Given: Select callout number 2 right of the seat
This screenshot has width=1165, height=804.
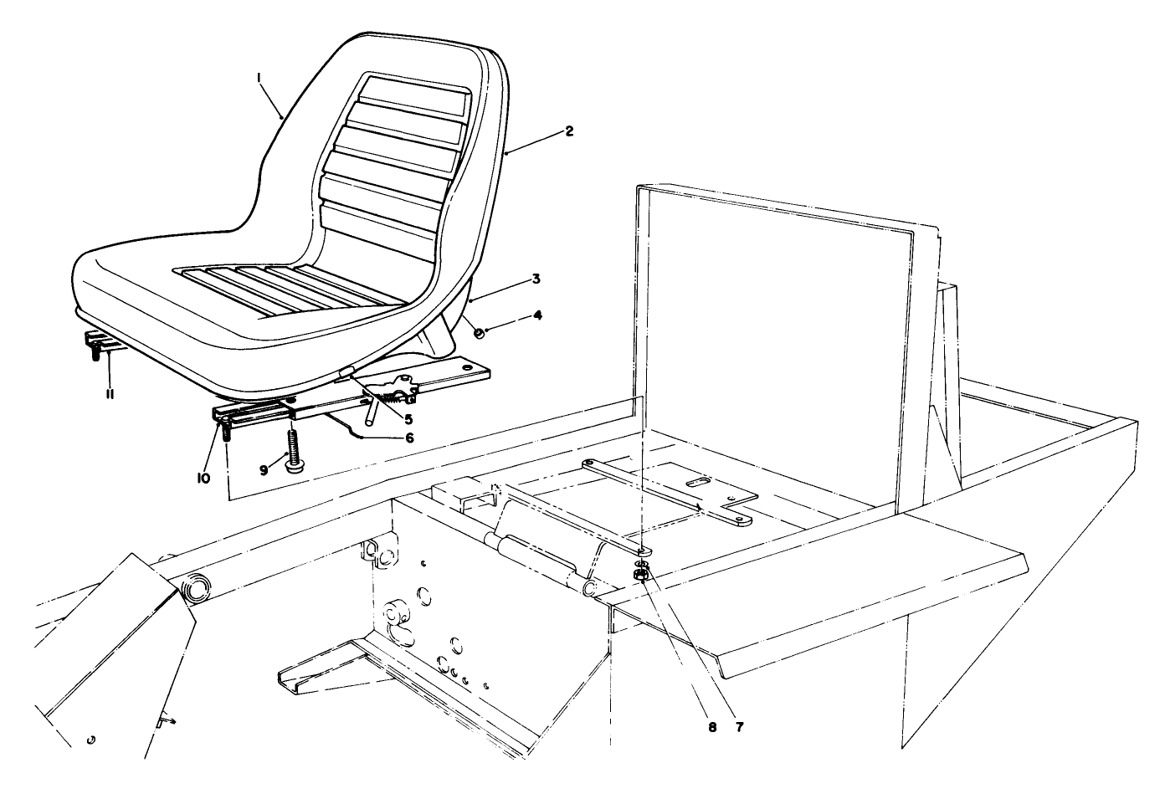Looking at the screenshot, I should coord(569,131).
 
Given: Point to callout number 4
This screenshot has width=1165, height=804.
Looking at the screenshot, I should coord(537,315).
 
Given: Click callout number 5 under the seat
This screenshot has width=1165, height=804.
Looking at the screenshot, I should coord(408,418).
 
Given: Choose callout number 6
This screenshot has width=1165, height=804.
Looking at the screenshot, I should coord(409,437).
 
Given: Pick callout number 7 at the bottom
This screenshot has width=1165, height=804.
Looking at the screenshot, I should coord(739,726).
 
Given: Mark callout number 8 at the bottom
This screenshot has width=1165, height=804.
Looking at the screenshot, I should coord(712,726).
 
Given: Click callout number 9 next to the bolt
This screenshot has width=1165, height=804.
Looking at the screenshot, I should coord(264,470).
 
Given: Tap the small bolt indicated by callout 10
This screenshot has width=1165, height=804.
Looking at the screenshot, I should coord(226,433).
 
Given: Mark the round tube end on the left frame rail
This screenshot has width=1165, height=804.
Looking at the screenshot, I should coord(195,589).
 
